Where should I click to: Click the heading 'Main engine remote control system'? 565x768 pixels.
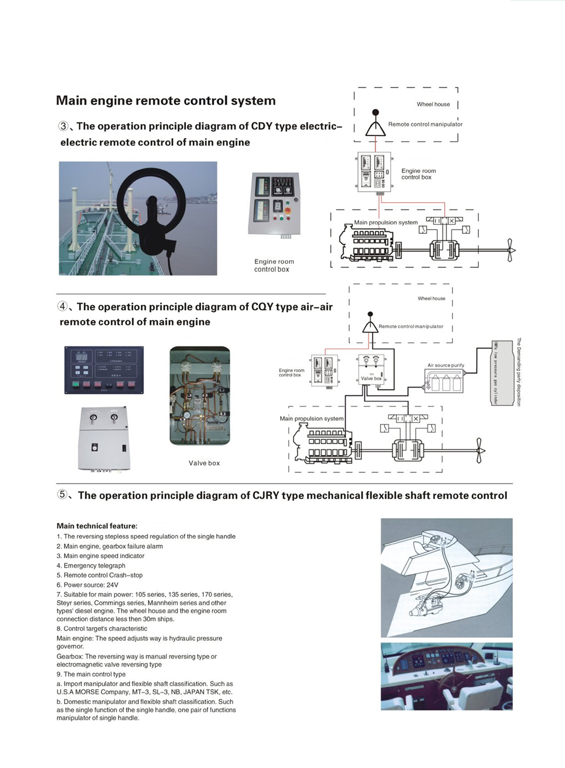pos(166,101)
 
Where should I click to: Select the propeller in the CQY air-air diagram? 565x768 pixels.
pos(479,450)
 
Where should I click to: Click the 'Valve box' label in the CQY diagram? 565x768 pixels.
pos(371,378)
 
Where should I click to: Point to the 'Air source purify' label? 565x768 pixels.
pos(445,365)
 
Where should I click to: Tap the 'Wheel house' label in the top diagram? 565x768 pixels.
pos(433,104)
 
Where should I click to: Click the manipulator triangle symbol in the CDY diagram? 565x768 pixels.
pos(375,129)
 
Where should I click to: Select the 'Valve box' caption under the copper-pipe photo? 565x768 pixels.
pos(204,463)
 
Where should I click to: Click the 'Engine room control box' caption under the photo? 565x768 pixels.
pos(274,265)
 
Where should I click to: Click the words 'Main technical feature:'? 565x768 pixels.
pos(97,526)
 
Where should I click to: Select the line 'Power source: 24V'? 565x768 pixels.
pos(88,585)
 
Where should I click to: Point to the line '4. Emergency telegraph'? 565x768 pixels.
pos(91,565)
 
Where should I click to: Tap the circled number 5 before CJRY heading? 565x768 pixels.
pos(63,495)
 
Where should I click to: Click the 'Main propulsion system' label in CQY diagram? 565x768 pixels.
pos(311,418)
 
